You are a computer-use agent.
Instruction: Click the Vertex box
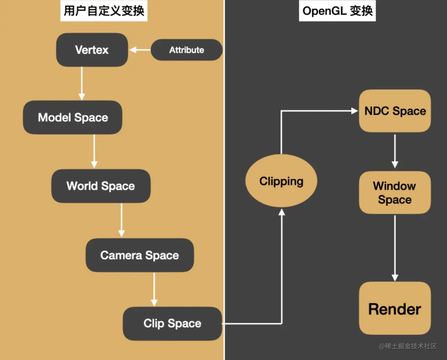(x=92, y=50)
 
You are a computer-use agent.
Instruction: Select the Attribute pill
(x=186, y=50)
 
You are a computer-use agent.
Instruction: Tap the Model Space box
(x=72, y=118)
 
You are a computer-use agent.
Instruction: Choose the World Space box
(x=101, y=186)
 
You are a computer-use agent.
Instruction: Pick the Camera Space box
(x=140, y=255)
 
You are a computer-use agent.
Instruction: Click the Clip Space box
(x=172, y=324)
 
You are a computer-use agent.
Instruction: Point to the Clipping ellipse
(x=281, y=181)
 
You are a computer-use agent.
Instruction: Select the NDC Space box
(x=395, y=111)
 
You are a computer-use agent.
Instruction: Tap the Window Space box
(x=395, y=193)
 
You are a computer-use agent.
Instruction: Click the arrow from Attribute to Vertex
(x=140, y=50)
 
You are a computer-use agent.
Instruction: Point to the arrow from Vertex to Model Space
(x=81, y=83)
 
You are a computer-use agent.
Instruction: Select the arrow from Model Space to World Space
(x=94, y=151)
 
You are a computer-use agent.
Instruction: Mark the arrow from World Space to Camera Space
(x=121, y=220)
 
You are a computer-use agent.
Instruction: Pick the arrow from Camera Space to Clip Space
(x=154, y=290)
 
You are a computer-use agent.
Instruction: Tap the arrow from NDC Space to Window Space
(x=395, y=151)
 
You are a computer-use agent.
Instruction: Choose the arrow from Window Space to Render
(x=395, y=249)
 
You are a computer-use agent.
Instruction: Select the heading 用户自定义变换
(x=104, y=11)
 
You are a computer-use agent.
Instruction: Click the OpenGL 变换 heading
(x=337, y=11)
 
